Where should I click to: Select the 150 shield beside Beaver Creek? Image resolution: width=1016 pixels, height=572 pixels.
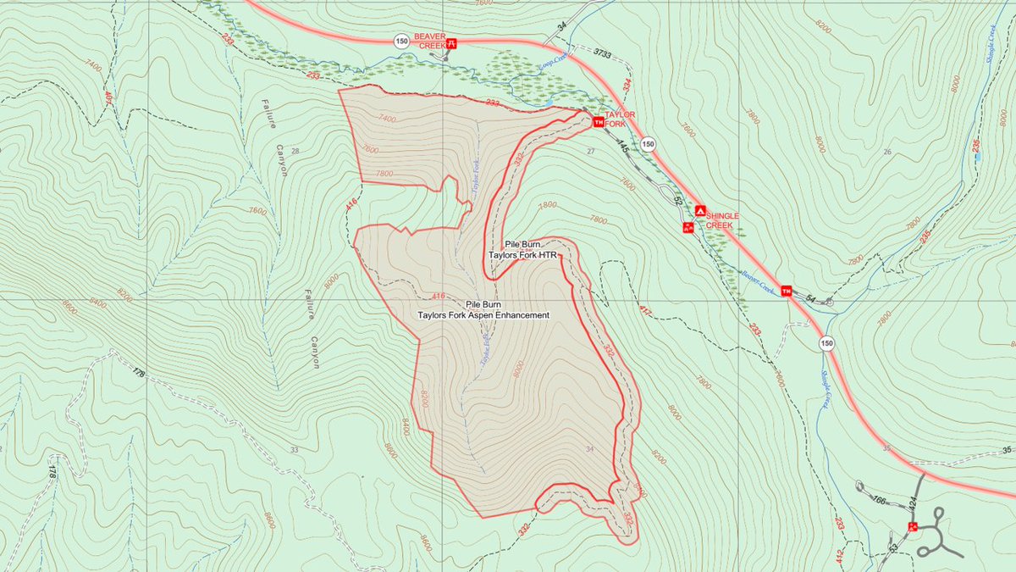(x=400, y=40)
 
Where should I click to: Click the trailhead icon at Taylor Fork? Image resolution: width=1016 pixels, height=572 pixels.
(x=599, y=123)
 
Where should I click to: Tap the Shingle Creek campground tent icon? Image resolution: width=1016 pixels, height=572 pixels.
(x=700, y=210)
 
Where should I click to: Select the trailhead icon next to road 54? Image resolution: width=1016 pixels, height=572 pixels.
(x=787, y=292)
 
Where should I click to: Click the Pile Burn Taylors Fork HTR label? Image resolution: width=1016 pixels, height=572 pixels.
(x=522, y=249)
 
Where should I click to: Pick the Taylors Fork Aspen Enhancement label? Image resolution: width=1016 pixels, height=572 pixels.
(x=483, y=309)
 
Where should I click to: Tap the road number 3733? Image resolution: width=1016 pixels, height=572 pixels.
(x=602, y=53)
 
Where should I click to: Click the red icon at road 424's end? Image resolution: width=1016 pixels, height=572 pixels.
(x=912, y=526)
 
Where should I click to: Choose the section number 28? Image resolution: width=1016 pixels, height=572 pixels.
(x=295, y=151)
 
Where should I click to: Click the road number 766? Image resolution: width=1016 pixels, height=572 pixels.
(x=881, y=501)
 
